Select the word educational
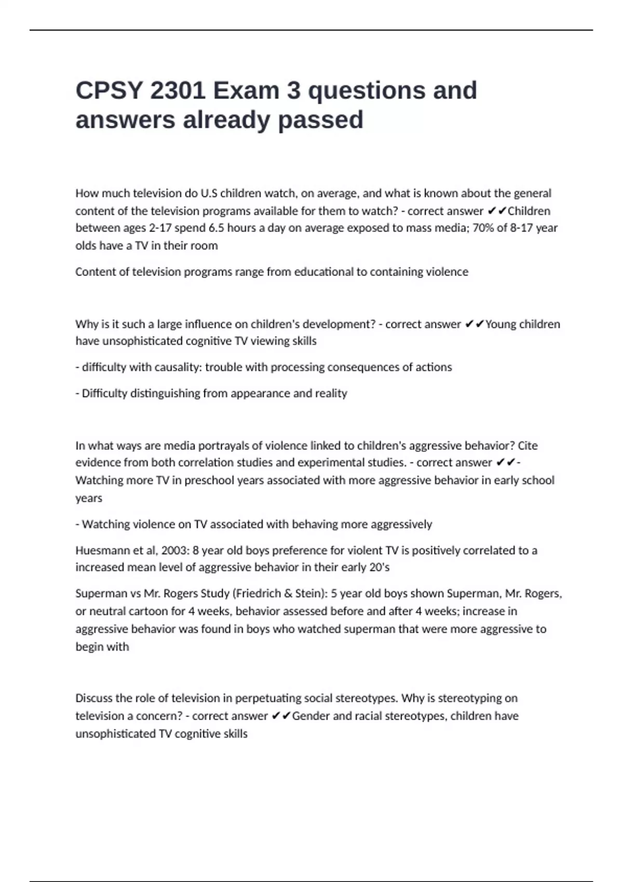(323, 272)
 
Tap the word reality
(330, 393)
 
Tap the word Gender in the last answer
(310, 716)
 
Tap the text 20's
(378, 567)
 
